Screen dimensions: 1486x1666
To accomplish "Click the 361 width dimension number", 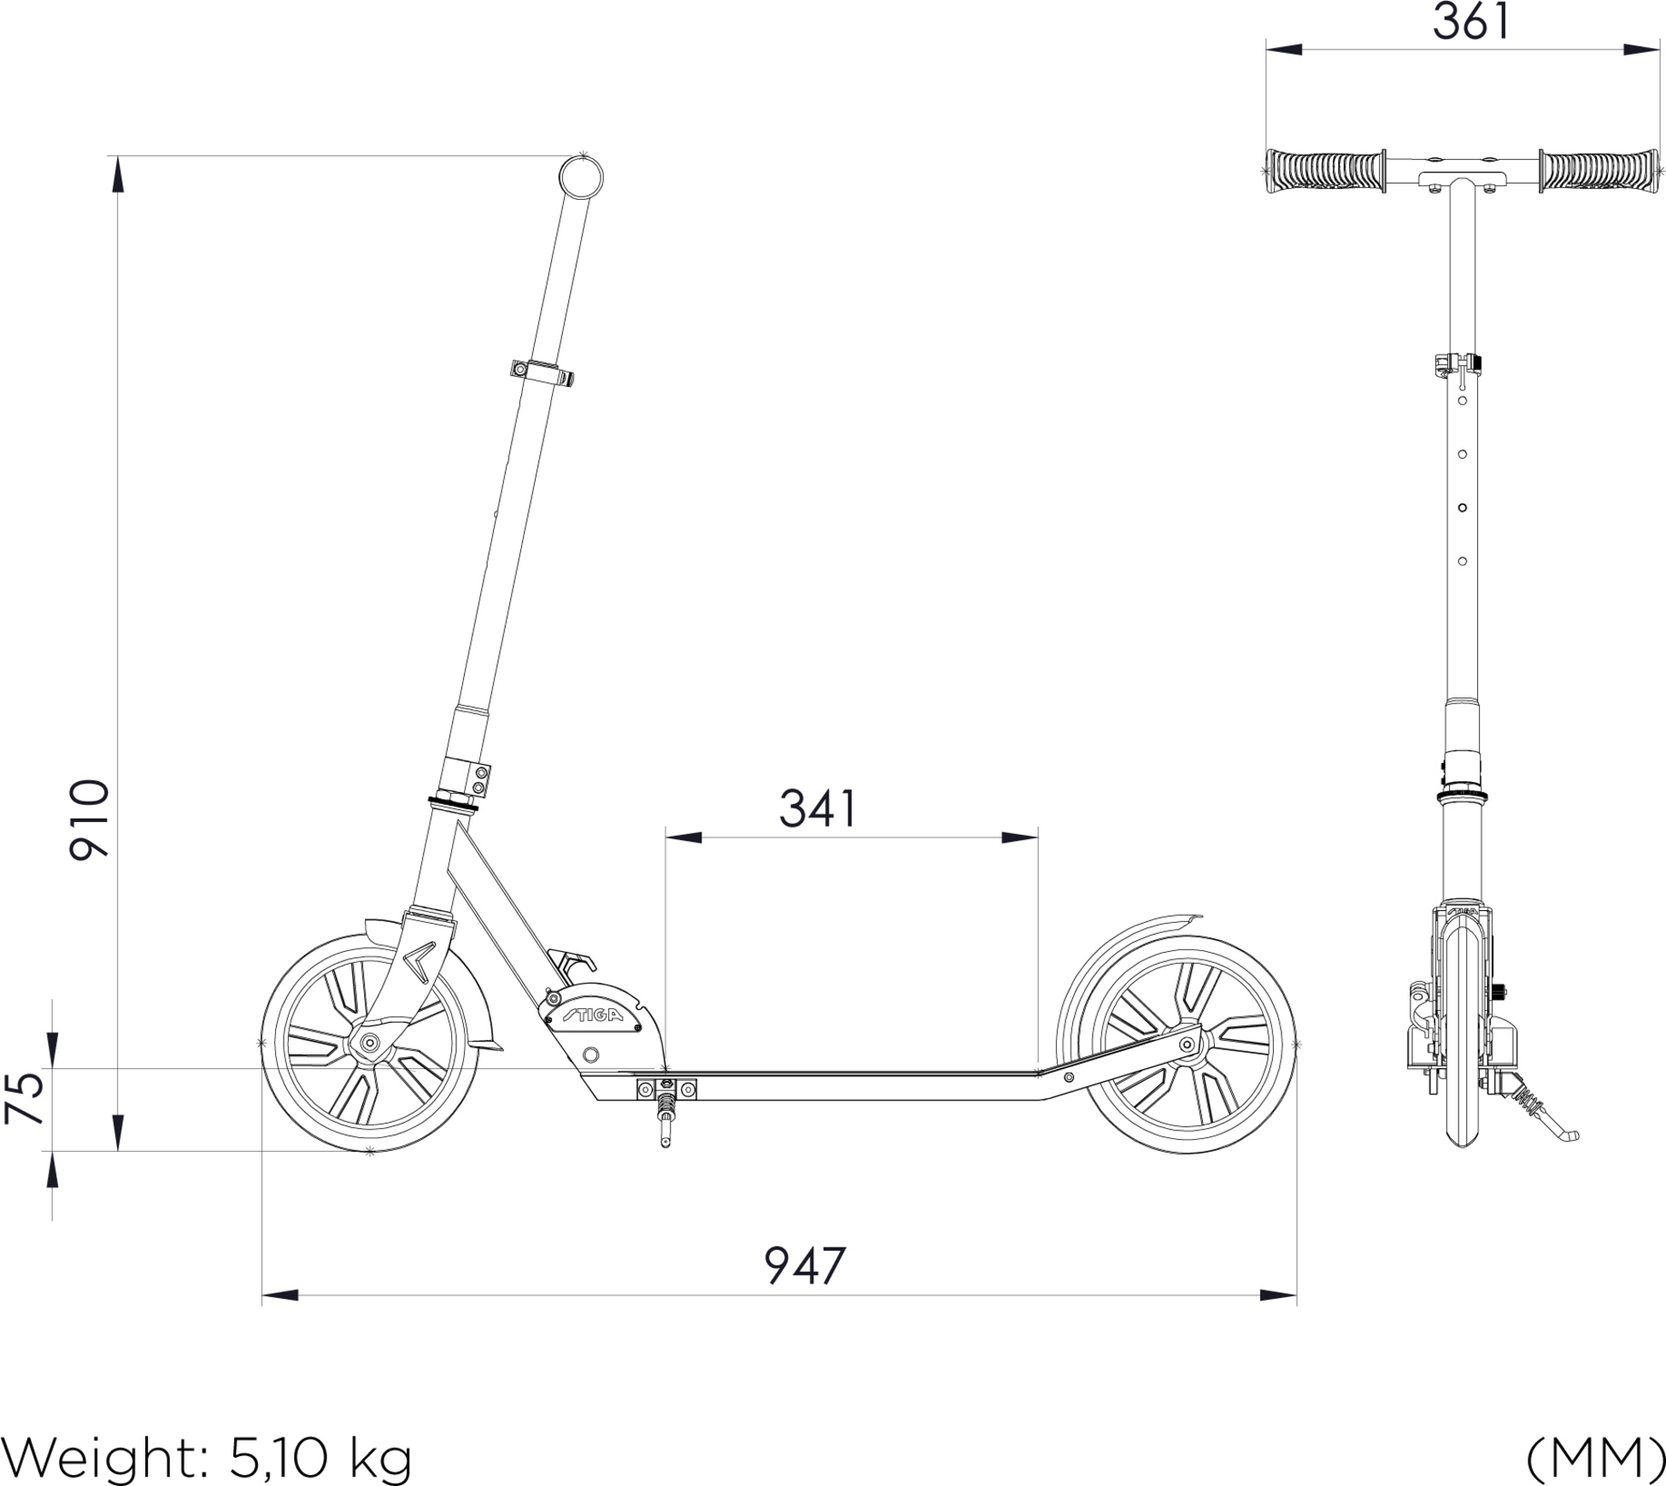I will click(x=1470, y=22).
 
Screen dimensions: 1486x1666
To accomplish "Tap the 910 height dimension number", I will click(x=90, y=819).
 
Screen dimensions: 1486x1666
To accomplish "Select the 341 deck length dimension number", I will click(x=817, y=808).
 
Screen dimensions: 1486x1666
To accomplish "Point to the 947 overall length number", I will click(x=804, y=1266).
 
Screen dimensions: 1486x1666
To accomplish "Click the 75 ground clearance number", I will click(x=25, y=1097).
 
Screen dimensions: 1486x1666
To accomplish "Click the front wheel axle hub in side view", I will click(x=370, y=1043).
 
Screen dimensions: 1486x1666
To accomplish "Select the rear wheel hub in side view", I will click(x=1186, y=1043).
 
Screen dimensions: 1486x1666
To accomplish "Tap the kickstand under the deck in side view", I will click(x=666, y=1121).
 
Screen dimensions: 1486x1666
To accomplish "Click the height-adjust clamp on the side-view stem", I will click(x=542, y=372).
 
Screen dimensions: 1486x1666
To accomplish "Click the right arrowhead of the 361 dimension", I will click(x=1641, y=50).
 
